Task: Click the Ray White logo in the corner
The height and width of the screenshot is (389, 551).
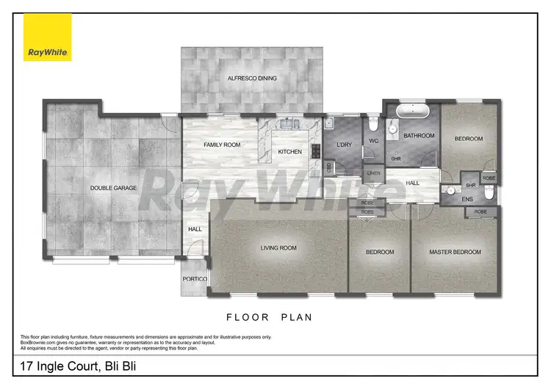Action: (x=48, y=37)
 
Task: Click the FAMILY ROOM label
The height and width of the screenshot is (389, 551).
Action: (x=222, y=145)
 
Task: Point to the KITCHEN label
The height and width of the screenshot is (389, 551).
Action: (x=289, y=152)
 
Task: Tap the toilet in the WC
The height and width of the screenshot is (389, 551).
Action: (x=374, y=124)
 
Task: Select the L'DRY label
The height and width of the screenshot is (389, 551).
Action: (x=345, y=145)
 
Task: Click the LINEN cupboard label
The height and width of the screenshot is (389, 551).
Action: (x=374, y=173)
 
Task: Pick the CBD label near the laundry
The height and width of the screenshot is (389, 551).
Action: (x=328, y=167)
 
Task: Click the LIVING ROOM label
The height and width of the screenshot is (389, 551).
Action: (x=278, y=248)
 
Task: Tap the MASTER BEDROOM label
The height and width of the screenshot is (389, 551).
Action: (x=455, y=252)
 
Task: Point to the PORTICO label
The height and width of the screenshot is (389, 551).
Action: (x=195, y=280)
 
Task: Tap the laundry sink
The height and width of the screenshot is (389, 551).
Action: (x=330, y=125)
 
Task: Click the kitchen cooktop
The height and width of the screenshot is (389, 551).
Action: (x=316, y=152)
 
